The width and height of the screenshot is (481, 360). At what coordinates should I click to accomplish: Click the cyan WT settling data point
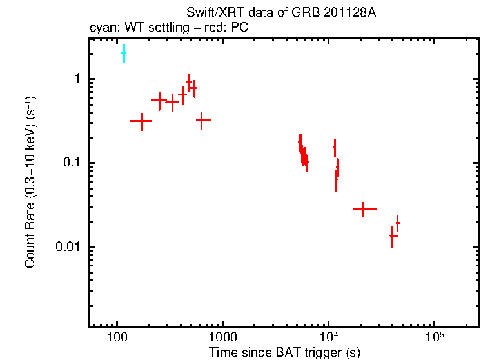coord(124,53)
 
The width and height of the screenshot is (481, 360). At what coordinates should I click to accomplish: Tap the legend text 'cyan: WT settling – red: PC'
coord(168,28)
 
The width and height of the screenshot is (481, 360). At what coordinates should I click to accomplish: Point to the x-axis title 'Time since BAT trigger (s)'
coord(284,352)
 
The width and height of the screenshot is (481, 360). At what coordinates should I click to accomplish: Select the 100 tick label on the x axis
coord(117,338)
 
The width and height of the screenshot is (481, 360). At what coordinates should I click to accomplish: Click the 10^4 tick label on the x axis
coord(329,337)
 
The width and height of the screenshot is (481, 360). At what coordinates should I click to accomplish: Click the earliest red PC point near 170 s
coord(141,121)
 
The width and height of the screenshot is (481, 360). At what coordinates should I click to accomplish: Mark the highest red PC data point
coord(189,82)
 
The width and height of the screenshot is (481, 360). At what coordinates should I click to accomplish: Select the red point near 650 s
coord(204,120)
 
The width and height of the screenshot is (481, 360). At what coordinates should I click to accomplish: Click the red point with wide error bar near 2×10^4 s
coord(364,209)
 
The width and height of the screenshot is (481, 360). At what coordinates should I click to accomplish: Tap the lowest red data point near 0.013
coord(393,235)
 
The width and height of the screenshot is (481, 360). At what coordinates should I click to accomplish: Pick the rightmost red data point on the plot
coord(397,223)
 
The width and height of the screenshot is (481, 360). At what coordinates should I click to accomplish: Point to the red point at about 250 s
coord(160,100)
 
